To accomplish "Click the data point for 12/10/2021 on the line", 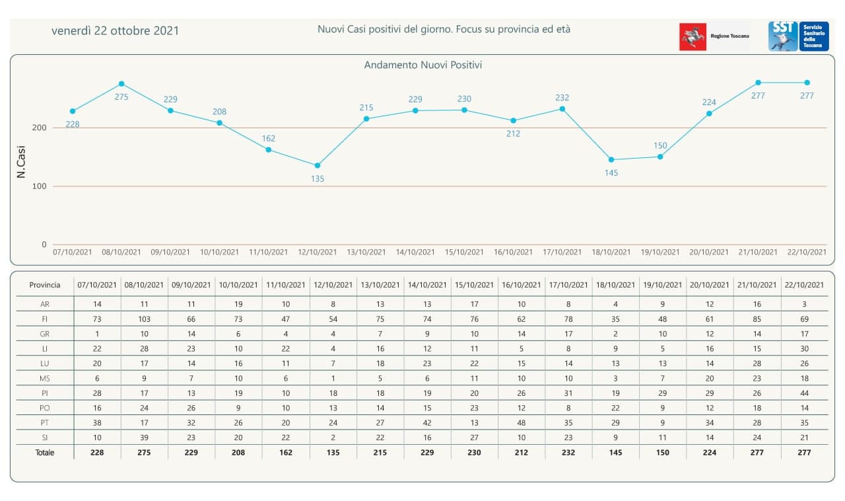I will (318, 165).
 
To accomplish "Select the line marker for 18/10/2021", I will (611, 160).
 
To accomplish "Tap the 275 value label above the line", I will (121, 96).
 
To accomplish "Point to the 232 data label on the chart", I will (562, 98).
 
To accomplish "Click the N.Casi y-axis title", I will (20, 161).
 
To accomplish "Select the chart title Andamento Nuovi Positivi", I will (422, 65).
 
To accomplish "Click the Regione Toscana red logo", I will (693, 36).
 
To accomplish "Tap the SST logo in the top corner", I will (783, 36).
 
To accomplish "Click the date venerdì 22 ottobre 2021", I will (115, 31).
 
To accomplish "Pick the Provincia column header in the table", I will (45, 286).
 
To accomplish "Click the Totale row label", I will (45, 453).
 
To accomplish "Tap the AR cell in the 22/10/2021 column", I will (804, 305).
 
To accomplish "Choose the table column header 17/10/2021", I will (568, 286).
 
